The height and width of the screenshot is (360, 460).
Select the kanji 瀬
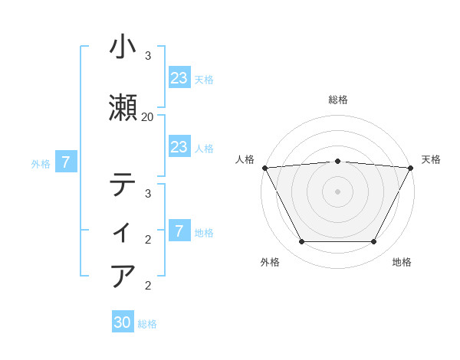point(124,108)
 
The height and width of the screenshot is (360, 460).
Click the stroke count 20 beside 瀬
point(148,116)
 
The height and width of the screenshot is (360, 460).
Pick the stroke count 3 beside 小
point(148,56)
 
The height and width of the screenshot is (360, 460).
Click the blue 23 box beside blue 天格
point(179,78)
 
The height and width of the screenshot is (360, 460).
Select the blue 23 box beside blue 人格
point(179,147)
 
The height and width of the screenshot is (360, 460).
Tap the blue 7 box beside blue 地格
point(179,231)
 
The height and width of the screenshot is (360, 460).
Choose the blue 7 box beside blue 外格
point(67,162)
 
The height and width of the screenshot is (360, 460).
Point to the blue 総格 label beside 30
point(147,324)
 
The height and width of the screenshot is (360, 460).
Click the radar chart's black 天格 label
point(431,159)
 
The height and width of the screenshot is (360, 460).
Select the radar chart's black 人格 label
point(245,159)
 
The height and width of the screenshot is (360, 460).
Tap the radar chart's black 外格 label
point(270,263)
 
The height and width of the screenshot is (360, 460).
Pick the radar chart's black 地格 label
point(402,263)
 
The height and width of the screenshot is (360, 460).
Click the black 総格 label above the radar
point(337,100)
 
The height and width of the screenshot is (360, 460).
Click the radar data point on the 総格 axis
point(337,161)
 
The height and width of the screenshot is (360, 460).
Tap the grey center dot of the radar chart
point(337,191)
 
